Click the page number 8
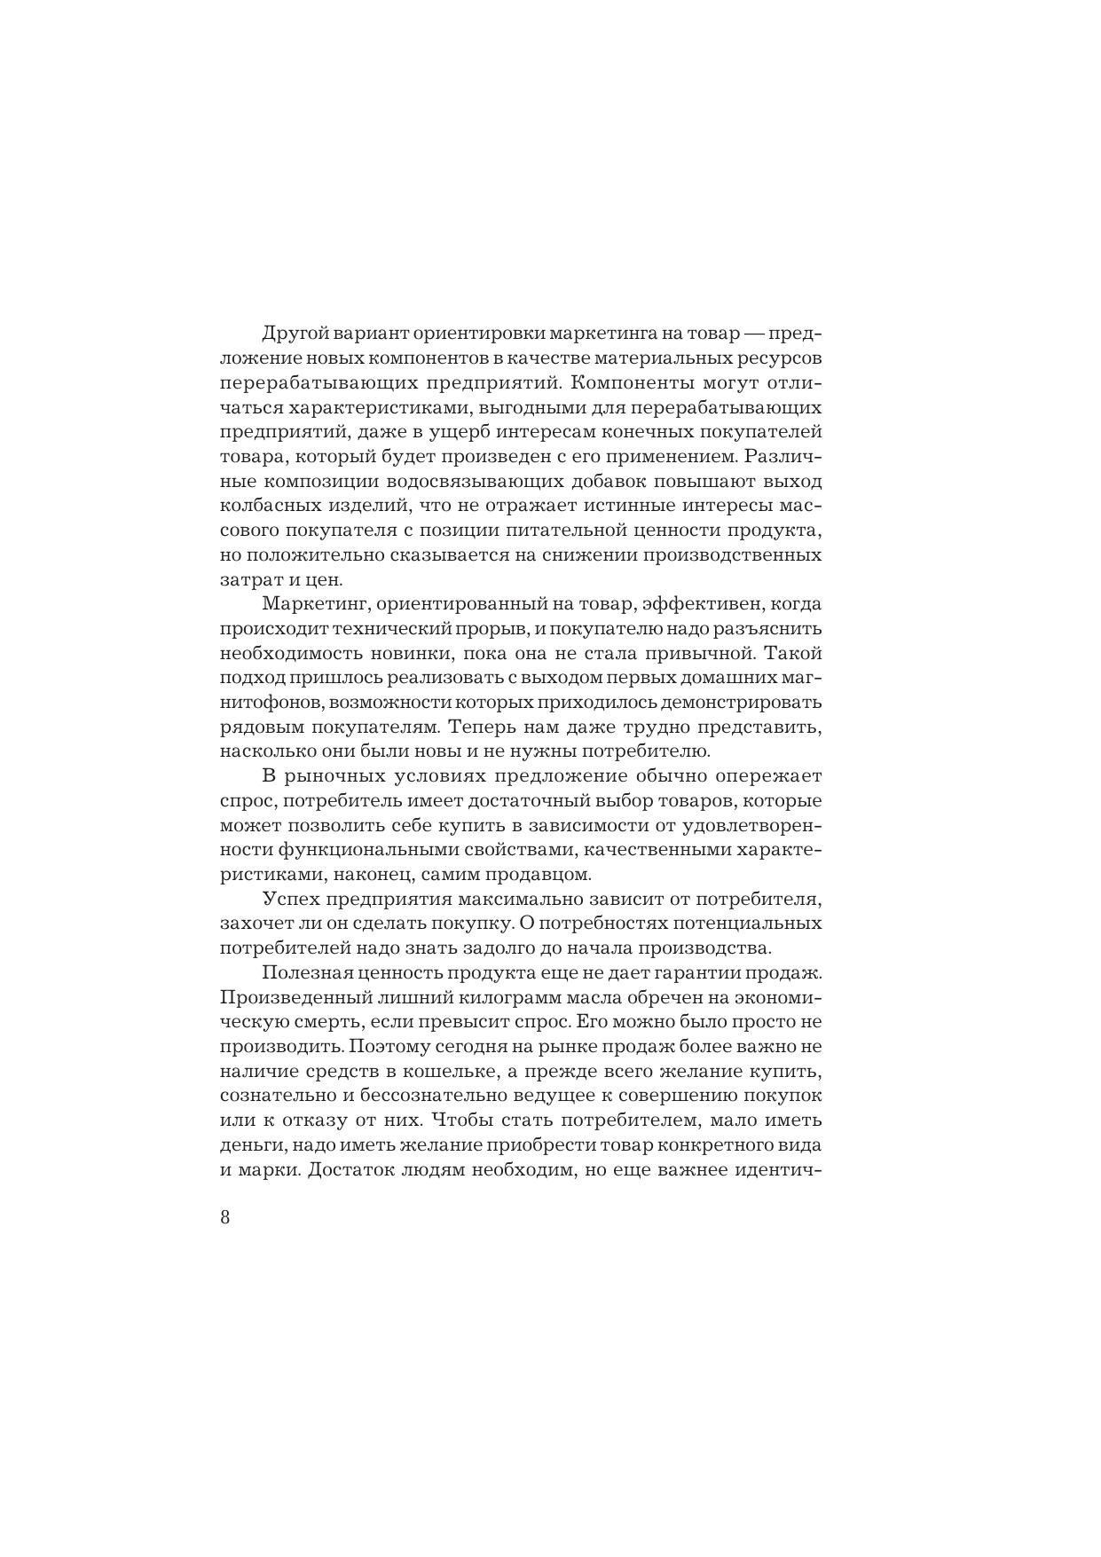tap(224, 1216)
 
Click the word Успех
tap(289, 899)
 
